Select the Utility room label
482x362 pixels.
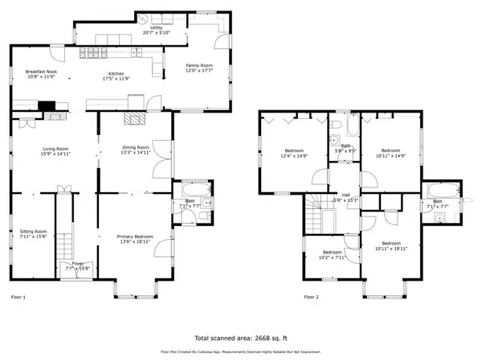[x=157, y=31]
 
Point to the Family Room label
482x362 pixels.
[x=199, y=68]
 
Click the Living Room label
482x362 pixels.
[x=54, y=150]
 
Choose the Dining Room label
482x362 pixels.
[x=136, y=150]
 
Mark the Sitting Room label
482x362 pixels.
[x=33, y=234]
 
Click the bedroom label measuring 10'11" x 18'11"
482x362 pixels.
[x=391, y=245]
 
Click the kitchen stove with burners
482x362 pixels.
[x=91, y=55]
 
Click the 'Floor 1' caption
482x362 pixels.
[x=18, y=298]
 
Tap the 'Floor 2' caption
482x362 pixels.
[x=311, y=298]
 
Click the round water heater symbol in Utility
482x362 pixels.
[x=141, y=18]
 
